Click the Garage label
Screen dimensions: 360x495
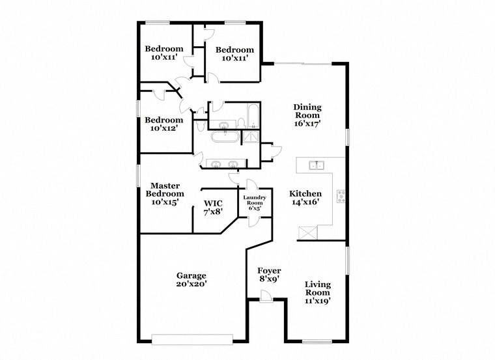[190, 275]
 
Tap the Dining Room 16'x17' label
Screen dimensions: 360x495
[307, 115]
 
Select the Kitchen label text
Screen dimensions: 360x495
[305, 194]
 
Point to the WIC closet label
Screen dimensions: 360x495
[214, 202]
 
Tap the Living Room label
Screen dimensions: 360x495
[318, 292]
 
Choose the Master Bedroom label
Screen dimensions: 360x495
[165, 194]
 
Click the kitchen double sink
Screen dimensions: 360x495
[317, 165]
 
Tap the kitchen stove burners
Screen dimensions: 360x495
[340, 196]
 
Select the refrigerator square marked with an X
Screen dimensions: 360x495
[306, 232]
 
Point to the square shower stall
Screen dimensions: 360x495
[250, 137]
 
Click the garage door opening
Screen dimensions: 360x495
[192, 337]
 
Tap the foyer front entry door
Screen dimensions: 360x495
[265, 296]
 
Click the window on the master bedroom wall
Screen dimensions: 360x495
[138, 176]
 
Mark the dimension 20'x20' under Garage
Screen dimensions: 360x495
[190, 284]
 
